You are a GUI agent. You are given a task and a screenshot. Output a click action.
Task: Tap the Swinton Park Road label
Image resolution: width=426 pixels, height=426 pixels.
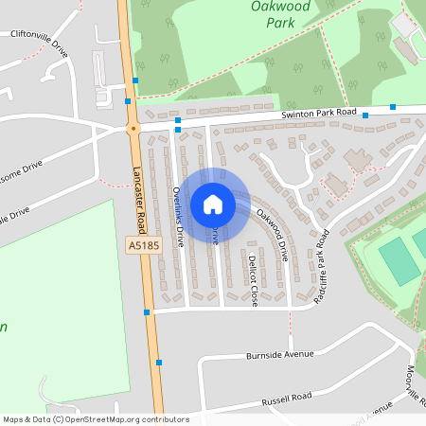coord(319,114)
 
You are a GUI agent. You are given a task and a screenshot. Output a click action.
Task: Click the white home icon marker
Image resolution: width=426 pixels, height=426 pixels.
coord(212,204)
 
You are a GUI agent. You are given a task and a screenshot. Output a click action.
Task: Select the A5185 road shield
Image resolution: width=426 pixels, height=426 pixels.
coord(139,246)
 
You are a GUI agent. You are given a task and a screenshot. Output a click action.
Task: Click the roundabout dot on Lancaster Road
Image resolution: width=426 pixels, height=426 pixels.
coord(133,127)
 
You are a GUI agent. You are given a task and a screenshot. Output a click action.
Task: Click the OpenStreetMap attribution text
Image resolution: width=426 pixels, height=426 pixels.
coord(96,418)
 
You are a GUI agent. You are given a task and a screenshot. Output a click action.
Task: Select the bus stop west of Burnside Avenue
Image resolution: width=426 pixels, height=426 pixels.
coord(157,362)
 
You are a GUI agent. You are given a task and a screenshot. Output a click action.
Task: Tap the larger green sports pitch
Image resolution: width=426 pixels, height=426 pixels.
coord(399,260)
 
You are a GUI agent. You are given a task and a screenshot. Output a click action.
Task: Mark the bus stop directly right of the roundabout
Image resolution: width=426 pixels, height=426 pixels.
coord(177,120)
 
